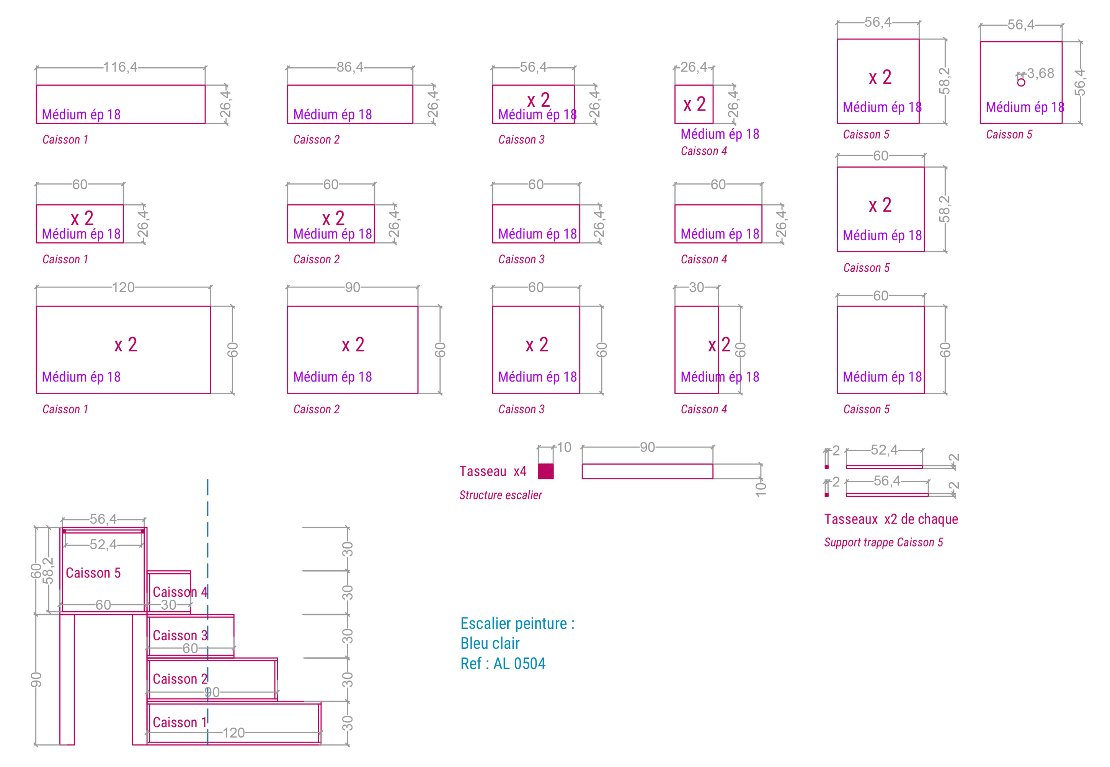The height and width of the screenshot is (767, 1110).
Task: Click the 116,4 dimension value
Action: click(x=120, y=67)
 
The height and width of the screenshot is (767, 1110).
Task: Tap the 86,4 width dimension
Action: click(x=350, y=67)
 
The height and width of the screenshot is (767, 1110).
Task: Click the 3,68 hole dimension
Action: click(x=1040, y=73)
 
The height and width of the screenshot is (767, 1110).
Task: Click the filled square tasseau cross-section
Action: click(x=545, y=471)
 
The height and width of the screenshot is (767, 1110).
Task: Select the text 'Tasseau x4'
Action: click(x=493, y=471)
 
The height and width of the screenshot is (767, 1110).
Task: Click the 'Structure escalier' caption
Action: click(x=500, y=495)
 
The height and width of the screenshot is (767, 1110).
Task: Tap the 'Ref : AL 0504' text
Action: click(x=503, y=664)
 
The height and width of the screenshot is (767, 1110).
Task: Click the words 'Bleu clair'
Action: click(x=490, y=643)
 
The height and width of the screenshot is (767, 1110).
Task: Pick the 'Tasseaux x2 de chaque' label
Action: click(x=891, y=519)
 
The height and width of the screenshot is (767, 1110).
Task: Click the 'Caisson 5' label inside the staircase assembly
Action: click(x=93, y=573)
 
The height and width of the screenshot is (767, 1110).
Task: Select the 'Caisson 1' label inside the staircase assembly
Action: click(x=180, y=722)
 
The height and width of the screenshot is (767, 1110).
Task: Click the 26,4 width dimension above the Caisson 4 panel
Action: click(x=694, y=67)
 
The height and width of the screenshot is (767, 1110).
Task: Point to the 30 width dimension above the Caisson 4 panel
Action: click(x=696, y=287)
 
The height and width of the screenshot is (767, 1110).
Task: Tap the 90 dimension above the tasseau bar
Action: click(x=647, y=447)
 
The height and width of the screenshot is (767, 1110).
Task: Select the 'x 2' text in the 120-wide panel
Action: click(x=126, y=345)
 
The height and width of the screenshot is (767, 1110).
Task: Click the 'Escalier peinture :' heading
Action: click(x=517, y=623)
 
